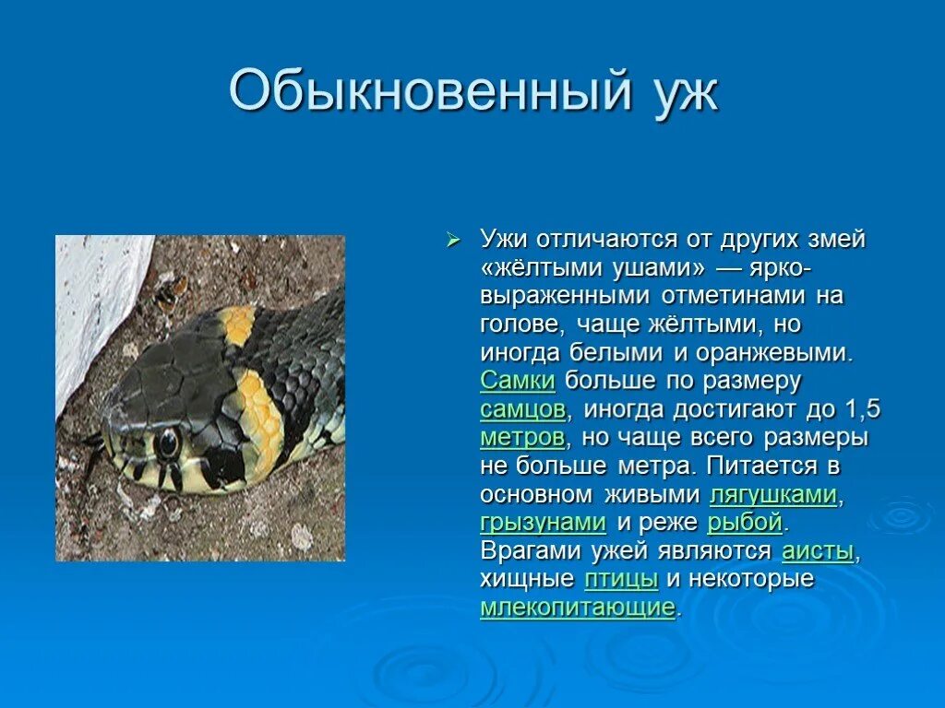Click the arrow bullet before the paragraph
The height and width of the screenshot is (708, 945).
coord(452,240)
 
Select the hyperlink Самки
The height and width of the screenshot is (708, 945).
coord(517,381)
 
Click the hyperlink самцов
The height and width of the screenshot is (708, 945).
coord(522,409)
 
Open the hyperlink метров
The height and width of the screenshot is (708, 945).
coord(521,437)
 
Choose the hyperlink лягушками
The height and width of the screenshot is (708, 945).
coord(773,495)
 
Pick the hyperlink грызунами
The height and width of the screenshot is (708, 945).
coord(543,523)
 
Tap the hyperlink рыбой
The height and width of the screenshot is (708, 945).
coord(745,523)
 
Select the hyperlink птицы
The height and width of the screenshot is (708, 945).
coord(621,580)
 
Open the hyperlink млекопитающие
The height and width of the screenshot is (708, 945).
coord(578,608)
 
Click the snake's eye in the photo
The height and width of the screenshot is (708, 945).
coord(168,443)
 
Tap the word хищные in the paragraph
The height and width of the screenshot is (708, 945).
coord(527,580)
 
